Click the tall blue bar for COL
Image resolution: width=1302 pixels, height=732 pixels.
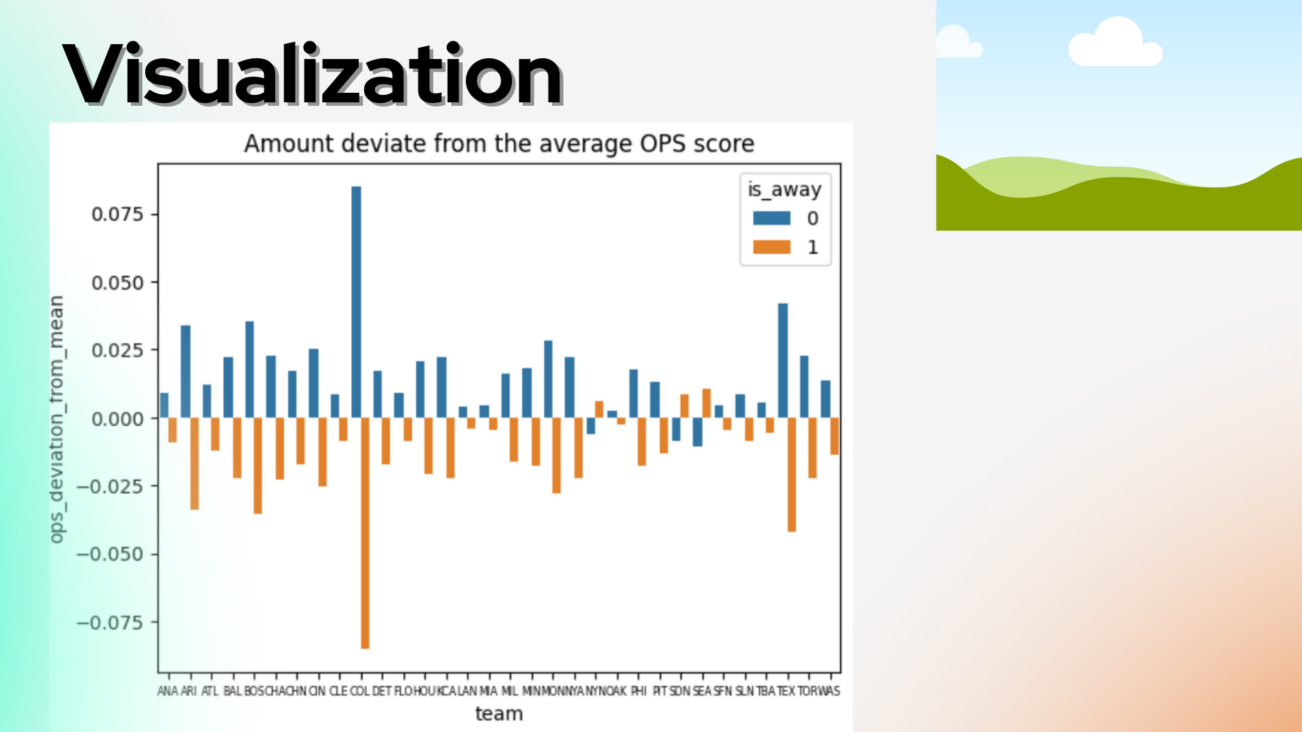point(356,302)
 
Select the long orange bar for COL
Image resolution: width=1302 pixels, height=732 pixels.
point(366,533)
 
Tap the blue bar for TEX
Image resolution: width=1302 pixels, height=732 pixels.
point(783,360)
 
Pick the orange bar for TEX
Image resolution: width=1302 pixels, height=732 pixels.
point(791,474)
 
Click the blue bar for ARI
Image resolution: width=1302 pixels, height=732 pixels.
point(185,371)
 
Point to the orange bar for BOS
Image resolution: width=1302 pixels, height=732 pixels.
point(258,466)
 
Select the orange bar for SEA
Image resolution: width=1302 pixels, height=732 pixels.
point(707,403)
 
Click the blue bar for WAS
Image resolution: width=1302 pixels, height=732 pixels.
point(825,399)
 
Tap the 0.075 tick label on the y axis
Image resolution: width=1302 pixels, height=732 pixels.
point(117,214)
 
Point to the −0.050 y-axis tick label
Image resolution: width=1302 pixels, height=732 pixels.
point(110,554)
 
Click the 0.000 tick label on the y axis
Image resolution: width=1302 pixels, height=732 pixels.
point(117,419)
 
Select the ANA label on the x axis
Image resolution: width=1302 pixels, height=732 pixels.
point(167,691)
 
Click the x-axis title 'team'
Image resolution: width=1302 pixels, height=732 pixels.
point(499,714)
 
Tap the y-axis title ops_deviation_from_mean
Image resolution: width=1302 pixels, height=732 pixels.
point(57,419)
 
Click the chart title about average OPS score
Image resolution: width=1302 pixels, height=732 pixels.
point(499,144)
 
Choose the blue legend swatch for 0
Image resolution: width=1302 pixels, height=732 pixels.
point(772,218)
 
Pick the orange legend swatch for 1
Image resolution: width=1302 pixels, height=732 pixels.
point(772,247)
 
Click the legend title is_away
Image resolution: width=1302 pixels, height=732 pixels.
point(785,190)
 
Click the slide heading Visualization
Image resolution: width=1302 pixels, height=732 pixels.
point(313,75)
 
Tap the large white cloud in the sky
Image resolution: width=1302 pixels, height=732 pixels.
point(1116,44)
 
